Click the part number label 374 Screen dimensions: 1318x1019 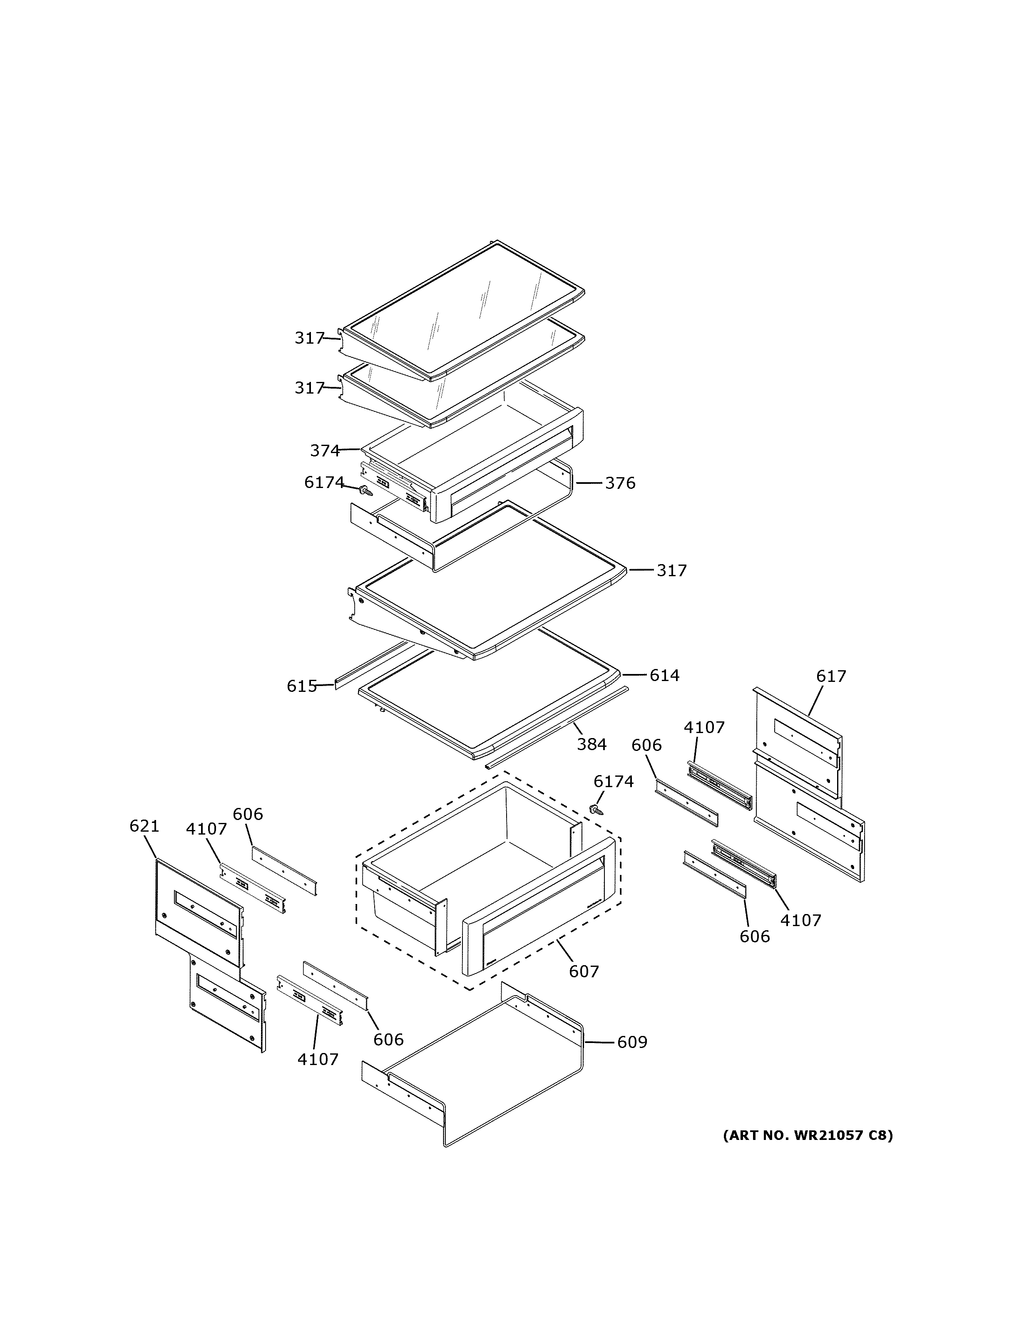coord(325,450)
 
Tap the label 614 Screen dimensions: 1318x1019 coord(664,675)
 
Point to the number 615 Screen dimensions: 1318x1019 coord(301,686)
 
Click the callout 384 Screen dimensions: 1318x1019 coord(591,745)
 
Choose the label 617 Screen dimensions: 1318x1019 coord(831,676)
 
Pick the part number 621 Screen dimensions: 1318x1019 coord(144,826)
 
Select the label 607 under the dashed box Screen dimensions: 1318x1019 coord(584,971)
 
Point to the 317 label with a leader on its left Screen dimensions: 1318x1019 coord(671,570)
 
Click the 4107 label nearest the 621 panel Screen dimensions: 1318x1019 coord(206,829)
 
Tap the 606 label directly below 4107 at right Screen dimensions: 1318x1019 coord(755,936)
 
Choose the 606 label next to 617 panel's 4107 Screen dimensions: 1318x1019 coord(646,745)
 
